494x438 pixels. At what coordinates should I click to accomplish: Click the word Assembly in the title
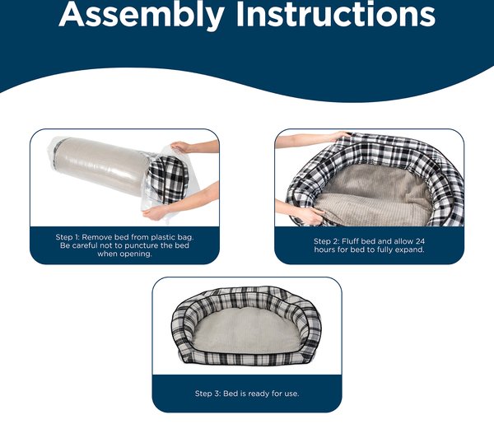click(x=141, y=15)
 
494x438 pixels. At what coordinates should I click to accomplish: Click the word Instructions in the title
click(x=336, y=14)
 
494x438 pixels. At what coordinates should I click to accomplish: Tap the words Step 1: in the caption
click(x=68, y=237)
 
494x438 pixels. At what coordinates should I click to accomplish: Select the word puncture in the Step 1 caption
click(x=142, y=245)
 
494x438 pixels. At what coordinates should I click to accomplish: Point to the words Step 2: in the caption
click(x=326, y=241)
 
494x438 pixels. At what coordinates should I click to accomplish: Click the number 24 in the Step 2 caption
click(x=420, y=241)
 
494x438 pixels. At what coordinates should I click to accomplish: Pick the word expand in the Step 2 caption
click(x=411, y=250)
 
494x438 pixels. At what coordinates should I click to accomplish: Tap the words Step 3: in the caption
click(x=207, y=394)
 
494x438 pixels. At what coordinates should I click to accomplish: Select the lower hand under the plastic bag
click(x=156, y=212)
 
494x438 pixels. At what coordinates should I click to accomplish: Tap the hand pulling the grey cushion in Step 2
click(x=310, y=217)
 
